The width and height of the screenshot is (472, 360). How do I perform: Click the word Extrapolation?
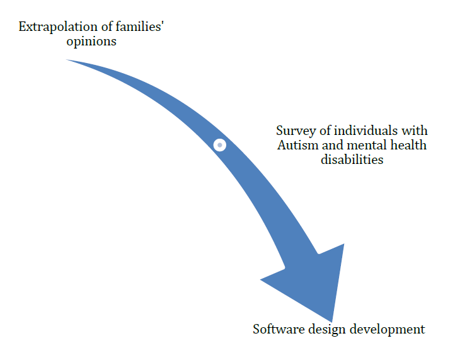(58, 27)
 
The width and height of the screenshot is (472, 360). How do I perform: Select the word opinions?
(91, 42)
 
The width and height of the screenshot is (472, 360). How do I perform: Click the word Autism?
(297, 145)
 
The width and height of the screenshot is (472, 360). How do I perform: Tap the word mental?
(367, 145)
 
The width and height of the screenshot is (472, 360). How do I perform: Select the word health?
(408, 145)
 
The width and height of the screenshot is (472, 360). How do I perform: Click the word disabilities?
(352, 160)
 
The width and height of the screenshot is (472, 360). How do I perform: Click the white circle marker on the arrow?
(220, 145)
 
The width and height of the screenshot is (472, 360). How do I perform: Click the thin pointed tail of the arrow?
(68, 60)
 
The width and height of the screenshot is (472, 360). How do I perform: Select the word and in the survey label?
(333, 145)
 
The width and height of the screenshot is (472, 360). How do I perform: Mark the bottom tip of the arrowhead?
(331, 322)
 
